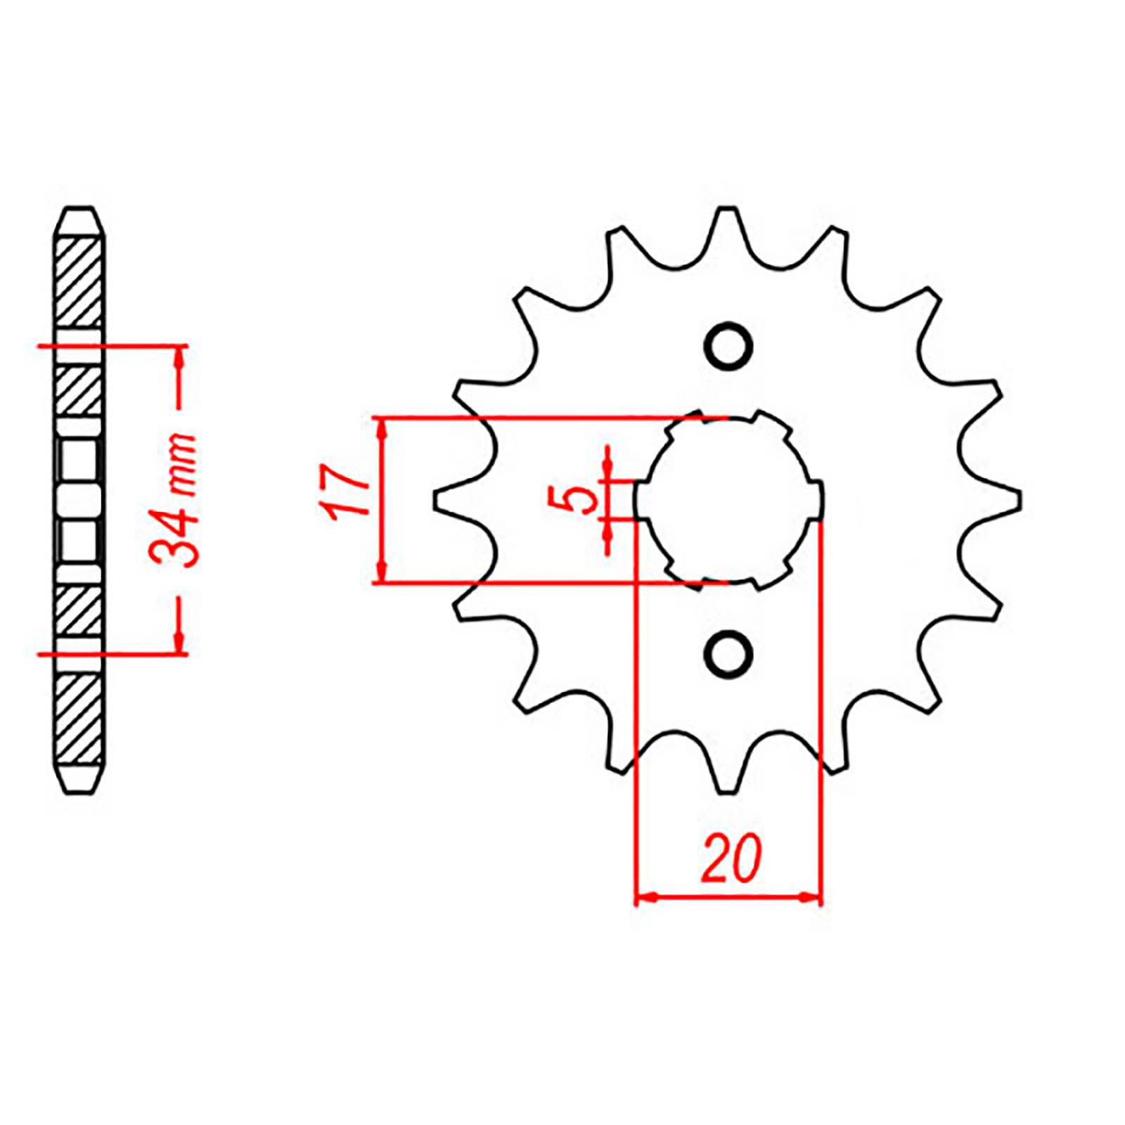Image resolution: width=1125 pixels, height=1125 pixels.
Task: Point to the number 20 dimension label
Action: coord(731,858)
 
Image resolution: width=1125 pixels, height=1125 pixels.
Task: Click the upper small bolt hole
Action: coord(728,347)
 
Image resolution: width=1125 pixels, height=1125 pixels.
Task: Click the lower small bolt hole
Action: coord(728,653)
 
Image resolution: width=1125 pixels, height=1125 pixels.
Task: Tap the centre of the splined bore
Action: coord(728,500)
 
